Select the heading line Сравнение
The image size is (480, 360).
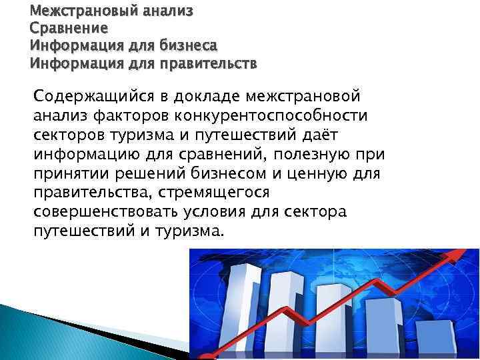click(x=69, y=29)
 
